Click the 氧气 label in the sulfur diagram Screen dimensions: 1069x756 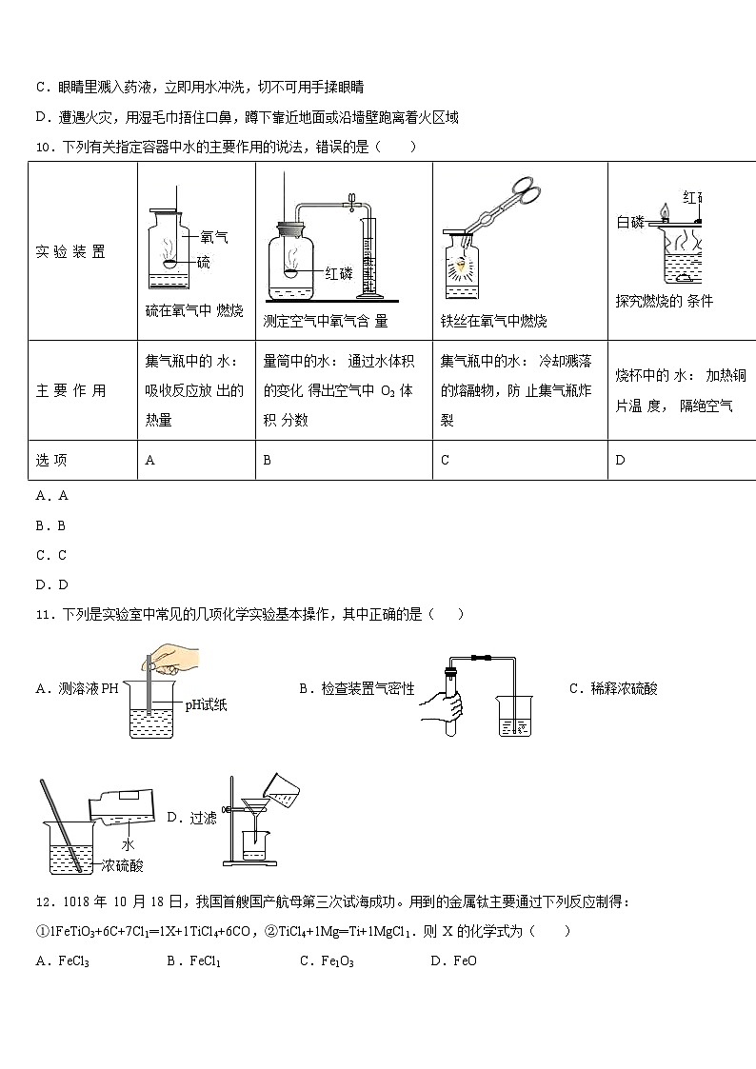214,238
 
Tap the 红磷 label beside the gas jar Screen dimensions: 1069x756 339,274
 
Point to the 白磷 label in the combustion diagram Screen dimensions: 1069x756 630,223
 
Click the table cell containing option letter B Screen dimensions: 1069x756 344,461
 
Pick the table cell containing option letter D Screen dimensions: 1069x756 681,461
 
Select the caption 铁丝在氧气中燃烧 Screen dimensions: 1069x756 493,322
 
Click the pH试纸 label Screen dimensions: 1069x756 206,705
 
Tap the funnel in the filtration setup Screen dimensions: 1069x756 255,809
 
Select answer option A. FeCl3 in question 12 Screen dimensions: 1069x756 62,961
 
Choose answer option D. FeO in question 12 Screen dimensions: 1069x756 453,961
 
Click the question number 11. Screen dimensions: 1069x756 44,615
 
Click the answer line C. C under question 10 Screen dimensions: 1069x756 51,555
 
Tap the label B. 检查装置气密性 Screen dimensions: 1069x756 356,689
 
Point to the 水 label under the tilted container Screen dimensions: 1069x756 127,843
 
